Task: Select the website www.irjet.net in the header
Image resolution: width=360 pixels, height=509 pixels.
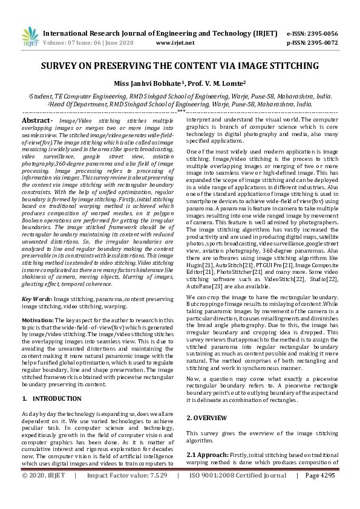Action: click(x=175, y=43)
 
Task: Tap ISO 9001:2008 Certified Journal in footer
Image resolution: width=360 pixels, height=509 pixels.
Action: click(x=238, y=493)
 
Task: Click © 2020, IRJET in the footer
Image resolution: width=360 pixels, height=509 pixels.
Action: click(x=43, y=493)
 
